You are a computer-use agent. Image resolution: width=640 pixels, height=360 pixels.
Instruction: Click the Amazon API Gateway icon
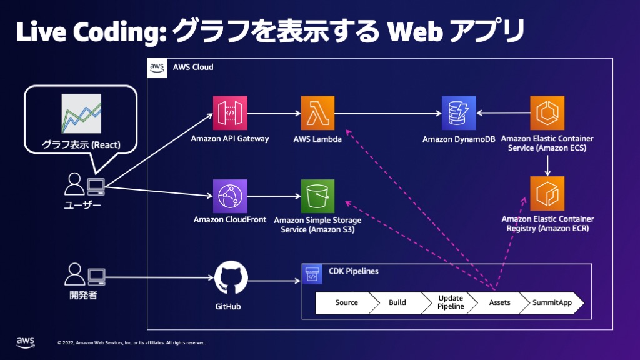pyautogui.click(x=230, y=113)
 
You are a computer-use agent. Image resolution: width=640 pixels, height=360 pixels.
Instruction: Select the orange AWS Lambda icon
pyautogui.click(x=317, y=113)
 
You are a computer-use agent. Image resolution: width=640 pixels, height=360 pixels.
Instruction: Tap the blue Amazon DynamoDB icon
pyautogui.click(x=459, y=113)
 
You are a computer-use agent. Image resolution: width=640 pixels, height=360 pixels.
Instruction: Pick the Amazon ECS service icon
pyautogui.click(x=547, y=113)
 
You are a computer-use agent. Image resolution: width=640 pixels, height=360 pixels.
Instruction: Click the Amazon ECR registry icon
pyautogui.click(x=547, y=194)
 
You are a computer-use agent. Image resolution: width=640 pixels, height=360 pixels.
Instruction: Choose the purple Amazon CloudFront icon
pyautogui.click(x=230, y=196)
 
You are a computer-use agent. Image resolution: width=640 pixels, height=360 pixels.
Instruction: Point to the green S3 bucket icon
pyautogui.click(x=317, y=196)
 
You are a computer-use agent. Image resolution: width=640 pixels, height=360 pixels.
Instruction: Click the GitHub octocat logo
pyautogui.click(x=231, y=278)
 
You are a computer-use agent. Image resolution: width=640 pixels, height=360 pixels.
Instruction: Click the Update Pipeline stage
pyautogui.click(x=450, y=303)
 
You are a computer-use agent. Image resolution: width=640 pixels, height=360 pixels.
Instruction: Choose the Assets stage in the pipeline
pyautogui.click(x=499, y=303)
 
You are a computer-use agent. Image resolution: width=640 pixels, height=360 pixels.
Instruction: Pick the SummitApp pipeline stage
pyautogui.click(x=552, y=303)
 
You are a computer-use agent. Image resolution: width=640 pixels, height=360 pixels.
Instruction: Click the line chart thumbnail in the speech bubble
pyautogui.click(x=81, y=114)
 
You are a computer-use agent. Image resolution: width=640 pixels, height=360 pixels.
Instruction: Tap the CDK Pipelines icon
pyautogui.click(x=312, y=274)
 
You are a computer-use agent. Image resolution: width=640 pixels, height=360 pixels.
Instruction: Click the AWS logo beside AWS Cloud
pyautogui.click(x=157, y=68)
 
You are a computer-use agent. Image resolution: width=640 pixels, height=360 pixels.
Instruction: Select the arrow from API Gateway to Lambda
pyautogui.click(x=274, y=113)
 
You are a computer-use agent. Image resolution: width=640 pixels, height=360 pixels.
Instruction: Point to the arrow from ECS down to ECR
pyautogui.click(x=547, y=165)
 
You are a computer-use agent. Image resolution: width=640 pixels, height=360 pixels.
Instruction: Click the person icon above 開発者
pyautogui.click(x=75, y=274)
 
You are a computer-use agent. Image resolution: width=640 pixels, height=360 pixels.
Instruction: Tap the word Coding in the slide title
pyautogui.click(x=121, y=32)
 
